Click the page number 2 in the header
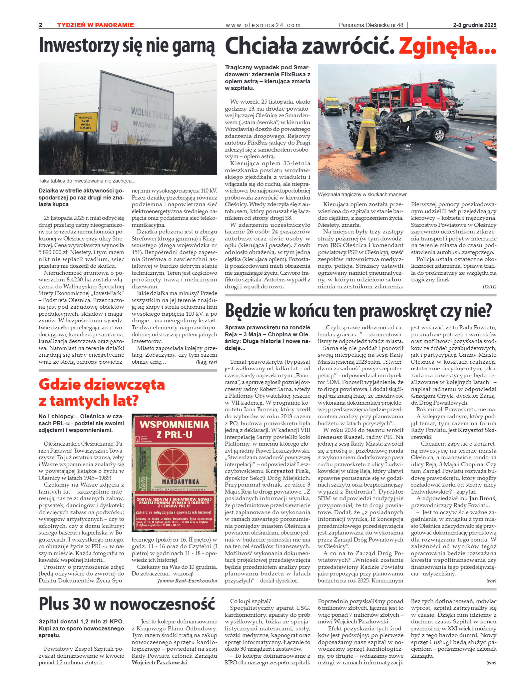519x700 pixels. [x=41, y=25]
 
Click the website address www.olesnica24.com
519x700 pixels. [x=263, y=25]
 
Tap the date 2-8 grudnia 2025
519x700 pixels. [x=474, y=25]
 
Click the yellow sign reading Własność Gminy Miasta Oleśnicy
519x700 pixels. [x=86, y=123]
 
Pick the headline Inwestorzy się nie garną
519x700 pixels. [x=127, y=46]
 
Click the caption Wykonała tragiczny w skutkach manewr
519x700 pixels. [x=362, y=194]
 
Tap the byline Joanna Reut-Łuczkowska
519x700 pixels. [x=187, y=581]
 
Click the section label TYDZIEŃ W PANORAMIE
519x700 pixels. [x=95, y=25]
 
